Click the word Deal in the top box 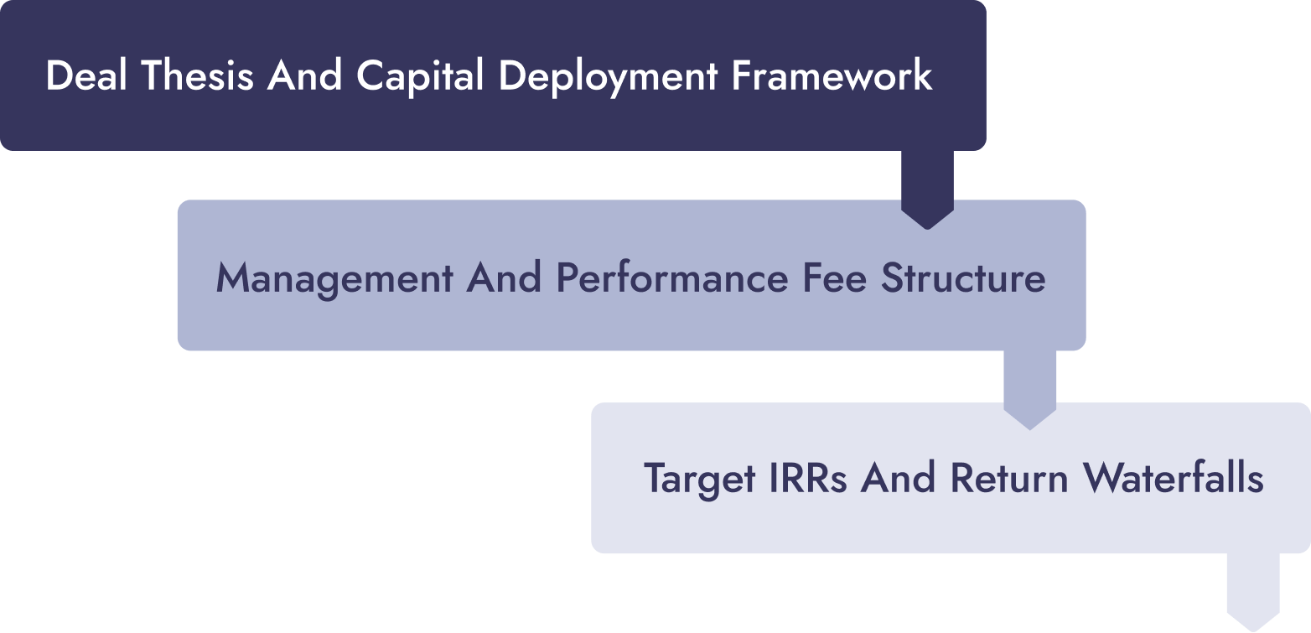click(86, 75)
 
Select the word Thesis click(197, 75)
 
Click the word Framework click(832, 75)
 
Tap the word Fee click(834, 278)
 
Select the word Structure click(963, 278)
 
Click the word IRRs click(808, 478)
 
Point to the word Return click(1009, 478)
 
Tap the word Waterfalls click(1173, 478)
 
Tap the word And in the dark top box click(304, 75)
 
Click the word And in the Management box click(504, 278)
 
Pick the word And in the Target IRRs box click(898, 478)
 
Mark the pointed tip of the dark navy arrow click(927, 229)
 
